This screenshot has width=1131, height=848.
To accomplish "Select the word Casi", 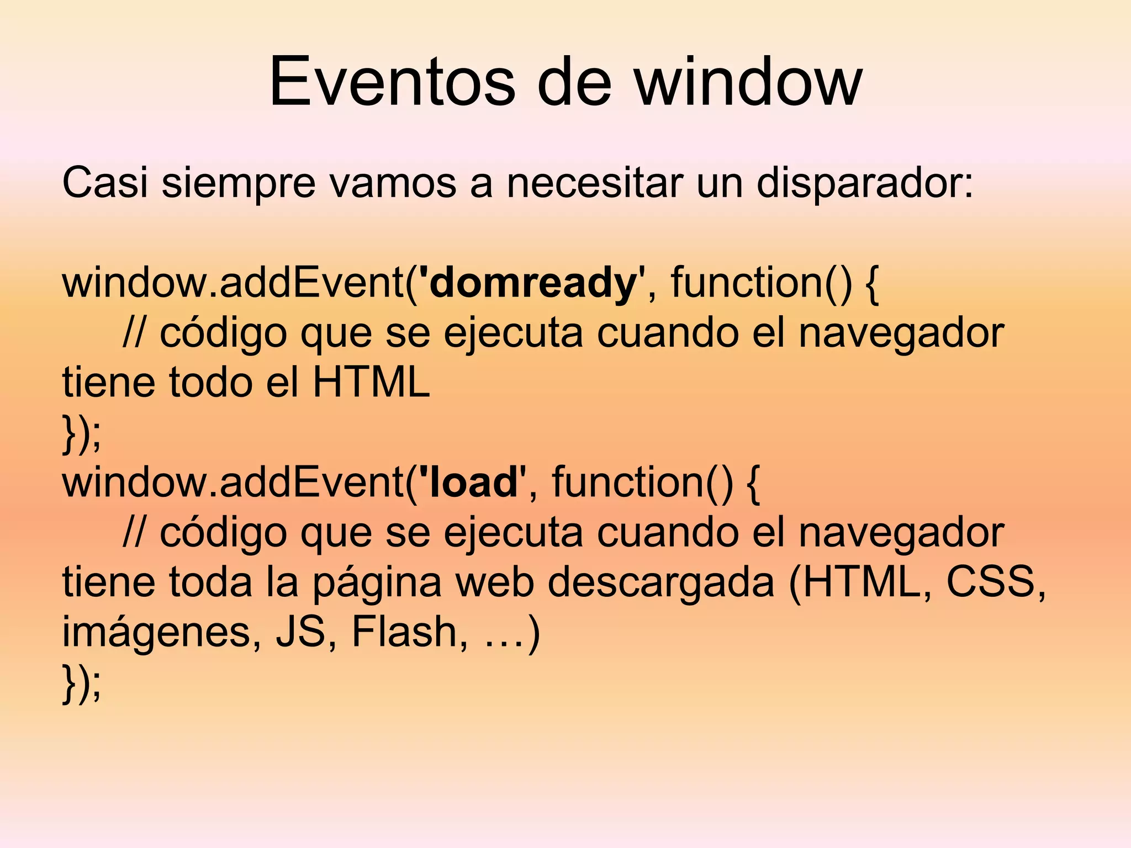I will pos(104,183).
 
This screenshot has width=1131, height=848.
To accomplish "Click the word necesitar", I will pos(594,183).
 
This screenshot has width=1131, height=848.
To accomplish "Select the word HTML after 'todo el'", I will pos(371,383).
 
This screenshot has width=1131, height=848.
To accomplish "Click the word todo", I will pos(210,383).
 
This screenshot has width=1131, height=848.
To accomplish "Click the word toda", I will pos(210,582).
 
